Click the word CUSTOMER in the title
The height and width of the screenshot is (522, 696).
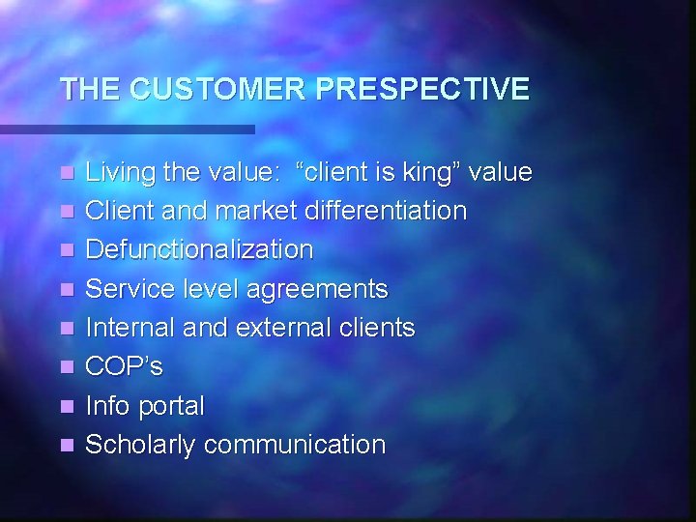pyautogui.click(x=218, y=90)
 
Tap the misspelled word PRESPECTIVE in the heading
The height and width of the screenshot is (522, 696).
pyautogui.click(x=422, y=90)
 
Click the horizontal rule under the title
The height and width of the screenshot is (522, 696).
pyautogui.click(x=127, y=129)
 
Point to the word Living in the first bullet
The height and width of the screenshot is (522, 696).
pyautogui.click(x=116, y=173)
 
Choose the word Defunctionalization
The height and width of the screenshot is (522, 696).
pyautogui.click(x=199, y=249)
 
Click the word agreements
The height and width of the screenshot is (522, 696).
pyautogui.click(x=317, y=289)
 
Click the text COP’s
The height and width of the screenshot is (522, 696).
pyautogui.click(x=124, y=367)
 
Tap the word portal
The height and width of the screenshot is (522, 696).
pyautogui.click(x=171, y=406)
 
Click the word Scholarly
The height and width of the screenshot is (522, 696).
pyautogui.click(x=141, y=445)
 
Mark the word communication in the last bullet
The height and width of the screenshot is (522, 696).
pyautogui.click(x=295, y=445)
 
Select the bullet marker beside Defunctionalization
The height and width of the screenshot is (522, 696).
pyautogui.click(x=66, y=250)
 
